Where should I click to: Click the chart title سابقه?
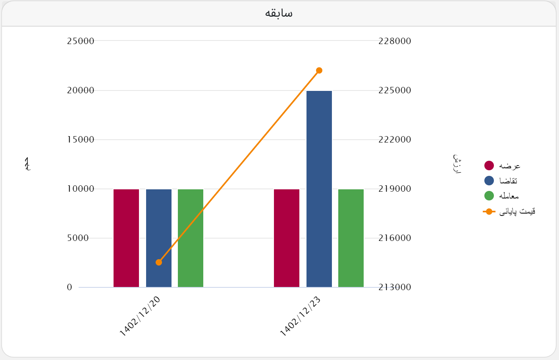click(279, 13)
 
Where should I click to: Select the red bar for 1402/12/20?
click(126, 238)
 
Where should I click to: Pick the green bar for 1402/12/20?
click(191, 238)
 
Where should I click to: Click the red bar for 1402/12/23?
click(287, 238)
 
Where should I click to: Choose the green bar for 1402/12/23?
click(351, 238)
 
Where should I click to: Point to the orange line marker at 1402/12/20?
click(159, 262)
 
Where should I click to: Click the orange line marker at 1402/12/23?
click(319, 71)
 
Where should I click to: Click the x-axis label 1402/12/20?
click(140, 317)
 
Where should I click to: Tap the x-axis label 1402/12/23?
click(301, 317)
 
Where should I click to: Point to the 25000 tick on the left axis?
click(81, 41)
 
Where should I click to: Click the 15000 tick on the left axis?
click(81, 140)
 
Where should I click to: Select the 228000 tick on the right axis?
click(395, 41)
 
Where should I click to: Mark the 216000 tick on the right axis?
click(395, 238)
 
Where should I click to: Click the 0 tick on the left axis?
click(69, 287)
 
